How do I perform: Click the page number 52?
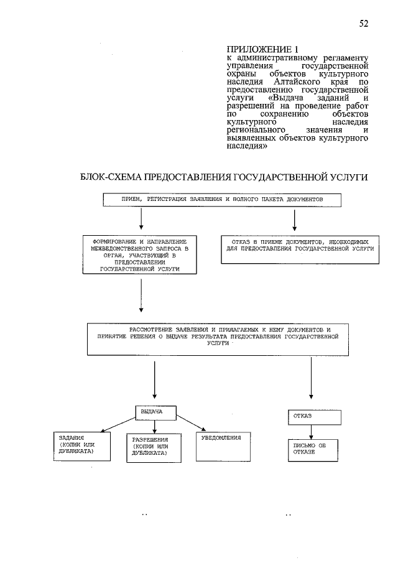(x=364, y=24)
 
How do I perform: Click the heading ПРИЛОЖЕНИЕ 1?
(x=262, y=49)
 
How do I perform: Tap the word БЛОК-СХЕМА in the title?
(x=111, y=177)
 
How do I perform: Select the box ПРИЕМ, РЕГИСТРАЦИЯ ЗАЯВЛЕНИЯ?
(x=222, y=200)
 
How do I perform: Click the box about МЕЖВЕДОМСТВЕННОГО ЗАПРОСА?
(x=139, y=254)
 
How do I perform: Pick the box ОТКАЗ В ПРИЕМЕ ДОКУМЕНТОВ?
(x=300, y=249)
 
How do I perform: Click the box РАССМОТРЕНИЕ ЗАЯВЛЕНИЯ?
(x=218, y=339)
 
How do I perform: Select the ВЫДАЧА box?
(x=155, y=413)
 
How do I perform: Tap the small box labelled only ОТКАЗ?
(x=315, y=417)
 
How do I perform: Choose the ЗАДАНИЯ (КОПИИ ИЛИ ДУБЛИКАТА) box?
(x=82, y=446)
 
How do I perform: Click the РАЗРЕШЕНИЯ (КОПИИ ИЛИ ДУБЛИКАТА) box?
(x=154, y=448)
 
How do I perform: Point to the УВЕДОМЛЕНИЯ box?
(x=223, y=446)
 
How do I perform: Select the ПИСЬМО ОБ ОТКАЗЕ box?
(x=313, y=450)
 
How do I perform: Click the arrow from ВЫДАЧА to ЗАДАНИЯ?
(x=118, y=424)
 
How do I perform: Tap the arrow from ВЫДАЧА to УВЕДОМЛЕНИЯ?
(x=191, y=423)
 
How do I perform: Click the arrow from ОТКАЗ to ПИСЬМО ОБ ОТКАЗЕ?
(x=311, y=432)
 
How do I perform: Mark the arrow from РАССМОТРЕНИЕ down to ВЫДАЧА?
(x=154, y=380)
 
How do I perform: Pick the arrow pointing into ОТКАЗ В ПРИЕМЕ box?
(x=294, y=220)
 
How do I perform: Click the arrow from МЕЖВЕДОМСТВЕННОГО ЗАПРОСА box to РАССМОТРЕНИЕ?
(x=141, y=295)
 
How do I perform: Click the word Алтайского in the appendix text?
(x=294, y=82)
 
